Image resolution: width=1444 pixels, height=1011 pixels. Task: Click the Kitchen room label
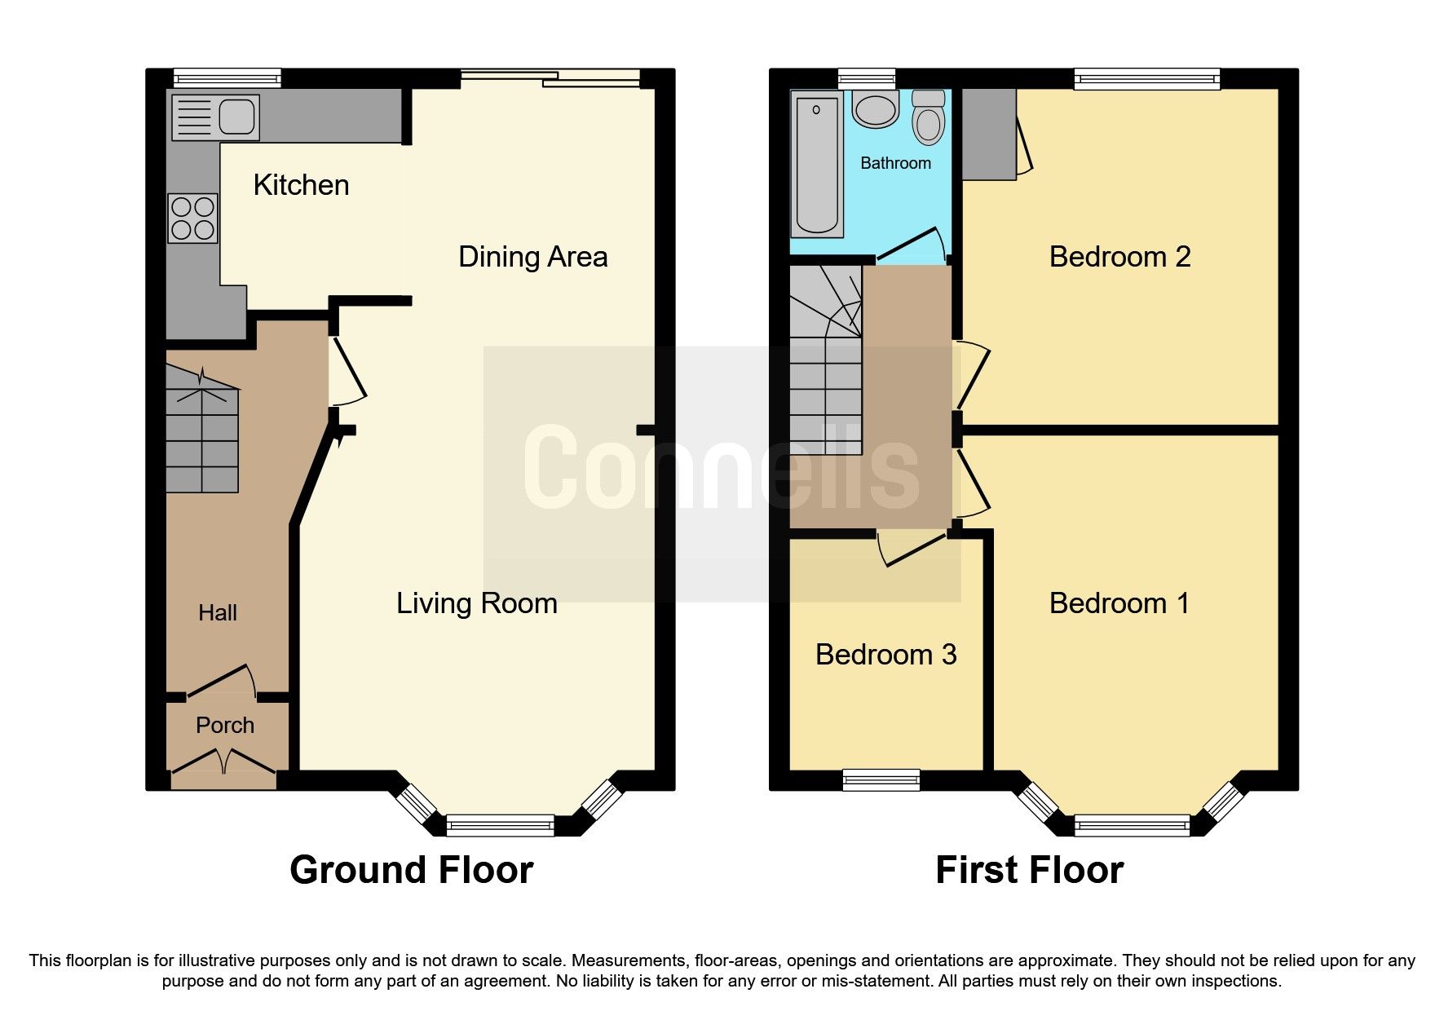(x=301, y=185)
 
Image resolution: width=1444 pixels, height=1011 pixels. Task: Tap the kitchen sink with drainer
(x=216, y=117)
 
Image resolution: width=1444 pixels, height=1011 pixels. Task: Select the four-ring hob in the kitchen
(x=193, y=219)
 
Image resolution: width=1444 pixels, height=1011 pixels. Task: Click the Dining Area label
(x=532, y=257)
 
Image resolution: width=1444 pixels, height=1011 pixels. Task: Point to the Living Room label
(x=476, y=603)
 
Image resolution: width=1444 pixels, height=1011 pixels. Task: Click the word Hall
(x=218, y=613)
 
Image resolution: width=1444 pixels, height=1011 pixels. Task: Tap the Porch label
(x=225, y=725)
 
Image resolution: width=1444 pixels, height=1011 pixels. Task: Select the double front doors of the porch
(x=223, y=762)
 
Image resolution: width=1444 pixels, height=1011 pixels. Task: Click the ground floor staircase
(x=202, y=440)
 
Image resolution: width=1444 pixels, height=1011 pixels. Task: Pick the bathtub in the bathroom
(x=816, y=163)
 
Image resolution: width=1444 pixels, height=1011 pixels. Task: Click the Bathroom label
(x=895, y=163)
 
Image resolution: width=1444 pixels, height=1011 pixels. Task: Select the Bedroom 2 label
(x=1119, y=257)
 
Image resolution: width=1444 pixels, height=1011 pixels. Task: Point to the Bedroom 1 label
(x=1119, y=603)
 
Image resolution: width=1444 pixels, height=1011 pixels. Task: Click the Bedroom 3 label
(x=885, y=655)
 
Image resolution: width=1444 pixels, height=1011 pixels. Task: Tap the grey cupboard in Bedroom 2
(x=988, y=135)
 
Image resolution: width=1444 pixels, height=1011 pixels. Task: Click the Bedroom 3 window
(x=881, y=780)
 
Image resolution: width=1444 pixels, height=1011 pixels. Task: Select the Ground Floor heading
(x=411, y=870)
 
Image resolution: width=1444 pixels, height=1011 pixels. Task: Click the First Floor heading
(x=1029, y=870)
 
